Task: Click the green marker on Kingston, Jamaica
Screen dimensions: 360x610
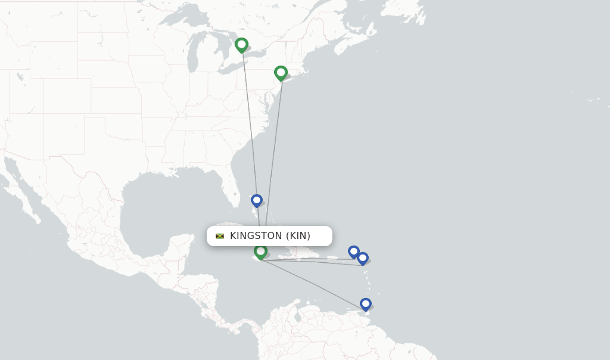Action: [260, 252]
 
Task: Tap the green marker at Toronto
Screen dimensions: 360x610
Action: [241, 45]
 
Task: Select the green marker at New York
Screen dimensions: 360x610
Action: [281, 73]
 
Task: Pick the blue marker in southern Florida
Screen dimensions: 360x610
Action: [257, 200]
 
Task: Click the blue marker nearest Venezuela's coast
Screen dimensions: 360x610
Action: [366, 304]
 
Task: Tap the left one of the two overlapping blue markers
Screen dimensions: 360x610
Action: [353, 251]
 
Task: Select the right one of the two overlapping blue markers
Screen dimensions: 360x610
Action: [363, 258]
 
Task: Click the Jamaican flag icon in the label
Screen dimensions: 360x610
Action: [220, 236]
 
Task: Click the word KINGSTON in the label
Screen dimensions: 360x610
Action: [256, 236]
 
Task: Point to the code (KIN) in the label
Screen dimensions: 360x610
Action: [298, 236]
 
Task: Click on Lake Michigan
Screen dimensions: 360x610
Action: [192, 57]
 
